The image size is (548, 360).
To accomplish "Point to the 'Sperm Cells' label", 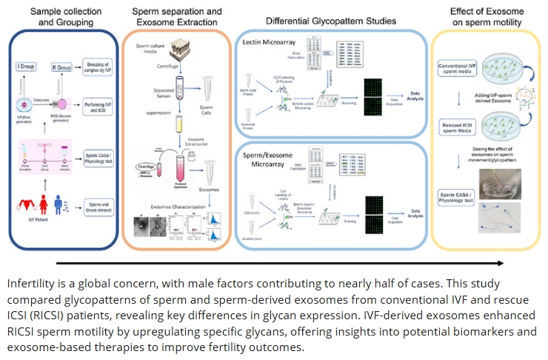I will coord(213,117).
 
